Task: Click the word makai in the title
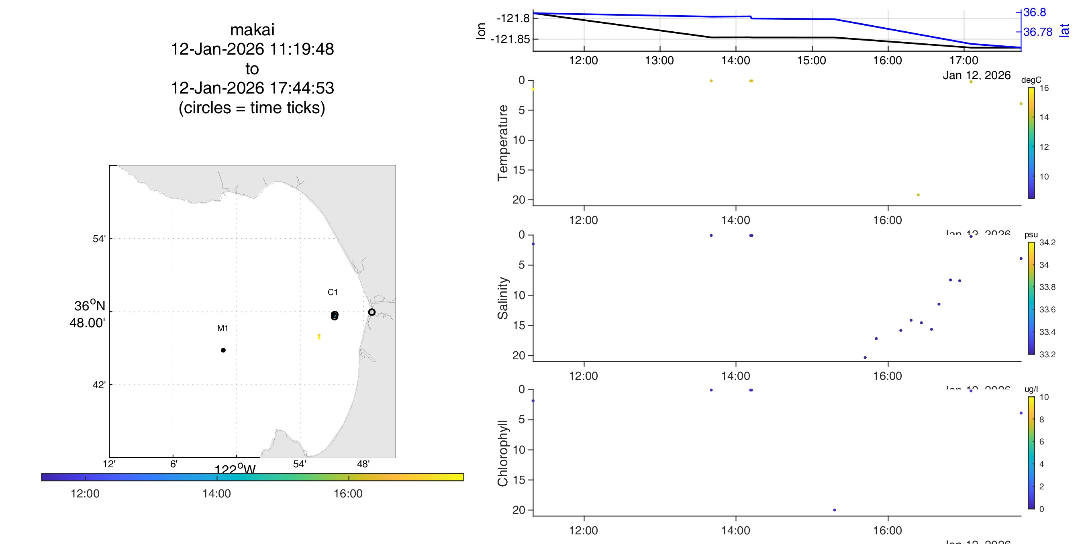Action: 252,30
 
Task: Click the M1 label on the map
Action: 222,328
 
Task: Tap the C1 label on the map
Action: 333,292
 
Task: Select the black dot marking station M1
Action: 223,350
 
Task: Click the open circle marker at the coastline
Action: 372,312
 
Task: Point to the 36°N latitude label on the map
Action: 90,306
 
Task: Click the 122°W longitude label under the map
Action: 235,469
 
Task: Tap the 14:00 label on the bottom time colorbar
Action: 216,493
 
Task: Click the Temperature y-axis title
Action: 502,143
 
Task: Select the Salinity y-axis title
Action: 502,298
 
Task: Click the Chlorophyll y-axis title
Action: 502,453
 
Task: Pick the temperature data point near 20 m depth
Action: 918,195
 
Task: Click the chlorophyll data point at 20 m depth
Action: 835,510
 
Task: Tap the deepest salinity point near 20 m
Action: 865,357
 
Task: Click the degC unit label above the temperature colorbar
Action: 1031,80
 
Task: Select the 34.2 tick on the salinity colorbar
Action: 1047,242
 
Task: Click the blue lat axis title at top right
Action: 1064,31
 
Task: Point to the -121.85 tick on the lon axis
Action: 510,39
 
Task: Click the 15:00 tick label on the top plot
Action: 811,60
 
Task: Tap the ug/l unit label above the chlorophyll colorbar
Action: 1031,389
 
